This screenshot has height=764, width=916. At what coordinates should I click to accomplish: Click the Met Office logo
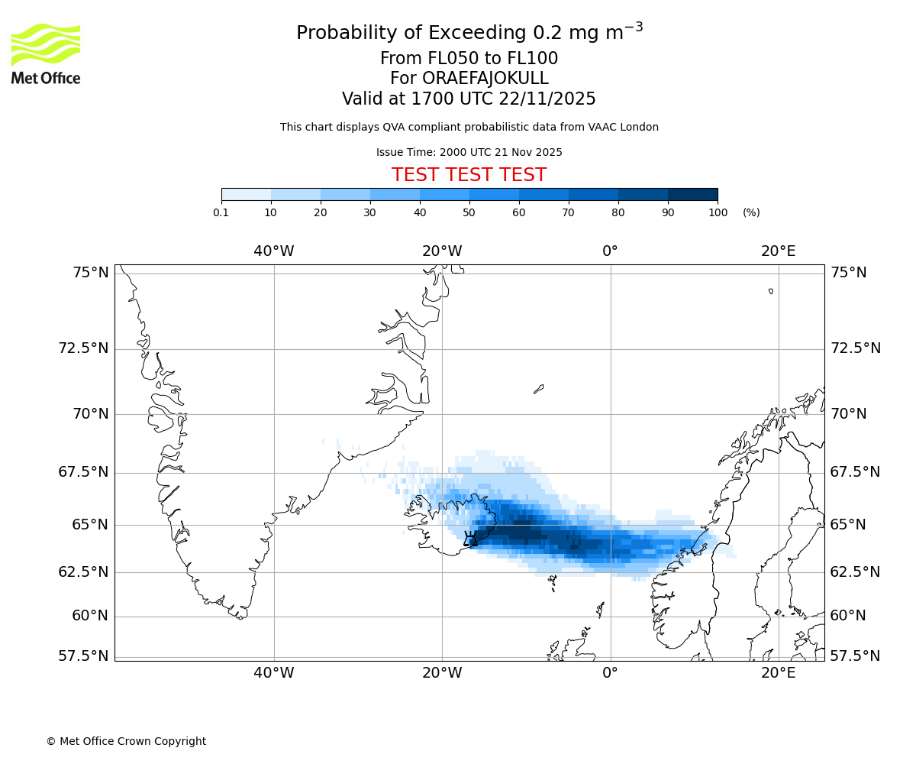pos(46,53)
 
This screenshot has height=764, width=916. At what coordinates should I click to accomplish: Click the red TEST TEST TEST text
pos(469,175)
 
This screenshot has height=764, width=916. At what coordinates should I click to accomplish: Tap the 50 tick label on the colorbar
pos(469,212)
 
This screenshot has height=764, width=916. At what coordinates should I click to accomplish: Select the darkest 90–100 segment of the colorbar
pos(692,194)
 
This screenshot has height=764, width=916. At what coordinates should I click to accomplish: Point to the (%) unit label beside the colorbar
pos(751,212)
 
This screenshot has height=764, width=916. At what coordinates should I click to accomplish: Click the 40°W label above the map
pos(273,251)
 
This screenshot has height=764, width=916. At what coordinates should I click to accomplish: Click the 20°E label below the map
pos(778,672)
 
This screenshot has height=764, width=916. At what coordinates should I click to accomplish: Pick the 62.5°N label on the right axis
pos(855,571)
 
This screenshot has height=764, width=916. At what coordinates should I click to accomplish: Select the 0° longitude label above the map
pos(610,251)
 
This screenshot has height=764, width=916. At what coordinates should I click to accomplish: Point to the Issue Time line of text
pos(469,152)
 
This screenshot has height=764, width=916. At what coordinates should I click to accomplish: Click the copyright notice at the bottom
pos(126,741)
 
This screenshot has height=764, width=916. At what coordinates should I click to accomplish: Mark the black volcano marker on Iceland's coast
pos(470,539)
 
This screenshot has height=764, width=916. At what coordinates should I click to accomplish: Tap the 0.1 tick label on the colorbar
pos(221,212)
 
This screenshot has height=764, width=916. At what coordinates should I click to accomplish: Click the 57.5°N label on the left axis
pos(84,656)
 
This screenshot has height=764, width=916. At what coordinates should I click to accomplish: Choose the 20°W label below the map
pos(442,672)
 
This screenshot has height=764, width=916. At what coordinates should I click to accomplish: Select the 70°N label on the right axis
pos(848,413)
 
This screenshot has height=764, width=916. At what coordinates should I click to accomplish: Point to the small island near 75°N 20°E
pos(771,291)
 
